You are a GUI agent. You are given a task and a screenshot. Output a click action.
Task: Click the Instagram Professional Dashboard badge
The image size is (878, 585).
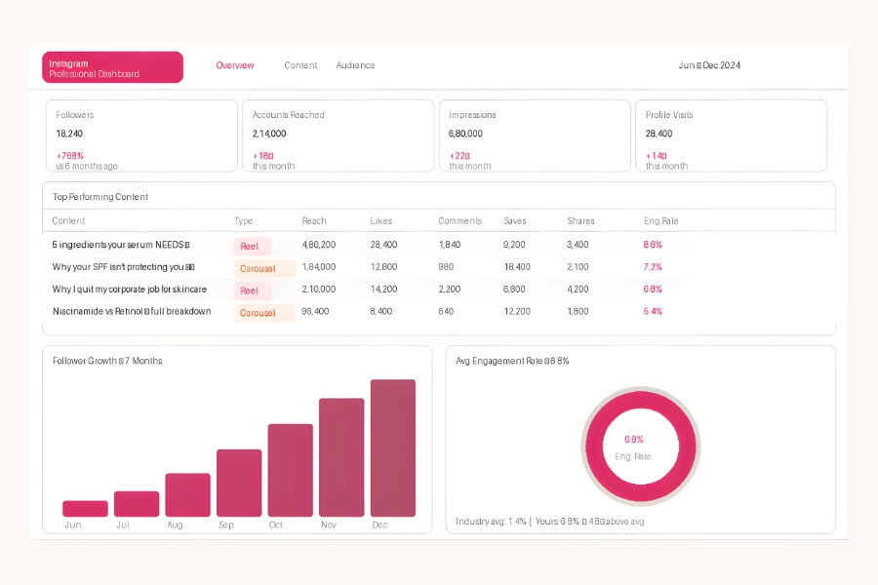pyautogui.click(x=112, y=67)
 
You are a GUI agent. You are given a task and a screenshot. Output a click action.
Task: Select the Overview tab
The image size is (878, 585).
pyautogui.click(x=235, y=65)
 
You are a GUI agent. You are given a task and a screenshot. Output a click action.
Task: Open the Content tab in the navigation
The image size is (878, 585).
pyautogui.click(x=300, y=65)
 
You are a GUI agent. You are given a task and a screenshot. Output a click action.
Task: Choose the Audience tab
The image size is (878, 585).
pyautogui.click(x=355, y=65)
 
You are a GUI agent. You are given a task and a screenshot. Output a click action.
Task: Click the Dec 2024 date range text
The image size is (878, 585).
pyautogui.click(x=709, y=65)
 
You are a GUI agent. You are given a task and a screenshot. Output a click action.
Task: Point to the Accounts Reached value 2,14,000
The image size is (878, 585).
pyautogui.click(x=269, y=134)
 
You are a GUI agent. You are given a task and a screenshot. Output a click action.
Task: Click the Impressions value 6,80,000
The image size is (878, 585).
pyautogui.click(x=465, y=134)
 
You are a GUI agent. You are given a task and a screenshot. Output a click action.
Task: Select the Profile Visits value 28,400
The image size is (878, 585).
pyautogui.click(x=658, y=134)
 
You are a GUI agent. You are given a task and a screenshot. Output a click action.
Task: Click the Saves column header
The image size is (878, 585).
pyautogui.click(x=515, y=221)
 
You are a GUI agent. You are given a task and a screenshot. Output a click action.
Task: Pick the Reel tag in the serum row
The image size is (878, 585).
pyautogui.click(x=251, y=247)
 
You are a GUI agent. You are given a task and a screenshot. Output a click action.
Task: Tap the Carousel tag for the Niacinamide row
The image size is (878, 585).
pyautogui.click(x=259, y=313)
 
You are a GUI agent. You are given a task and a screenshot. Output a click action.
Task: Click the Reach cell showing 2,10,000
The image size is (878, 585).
pyautogui.click(x=319, y=290)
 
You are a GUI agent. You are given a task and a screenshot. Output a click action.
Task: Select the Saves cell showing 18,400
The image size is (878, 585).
pyautogui.click(x=517, y=267)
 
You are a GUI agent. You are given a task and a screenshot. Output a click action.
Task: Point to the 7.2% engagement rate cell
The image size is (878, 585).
pyautogui.click(x=653, y=267)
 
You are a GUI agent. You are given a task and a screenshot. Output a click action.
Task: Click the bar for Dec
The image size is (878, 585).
pyautogui.click(x=393, y=448)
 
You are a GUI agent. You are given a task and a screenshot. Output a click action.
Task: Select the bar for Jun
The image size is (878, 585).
pyautogui.click(x=85, y=508)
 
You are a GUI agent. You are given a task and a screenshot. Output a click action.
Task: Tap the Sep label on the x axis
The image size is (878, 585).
pyautogui.click(x=225, y=525)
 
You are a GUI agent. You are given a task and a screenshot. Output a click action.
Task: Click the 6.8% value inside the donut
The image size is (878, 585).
pyautogui.click(x=634, y=440)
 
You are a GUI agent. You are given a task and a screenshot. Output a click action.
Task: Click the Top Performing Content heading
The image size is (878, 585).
pyautogui.click(x=100, y=197)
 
